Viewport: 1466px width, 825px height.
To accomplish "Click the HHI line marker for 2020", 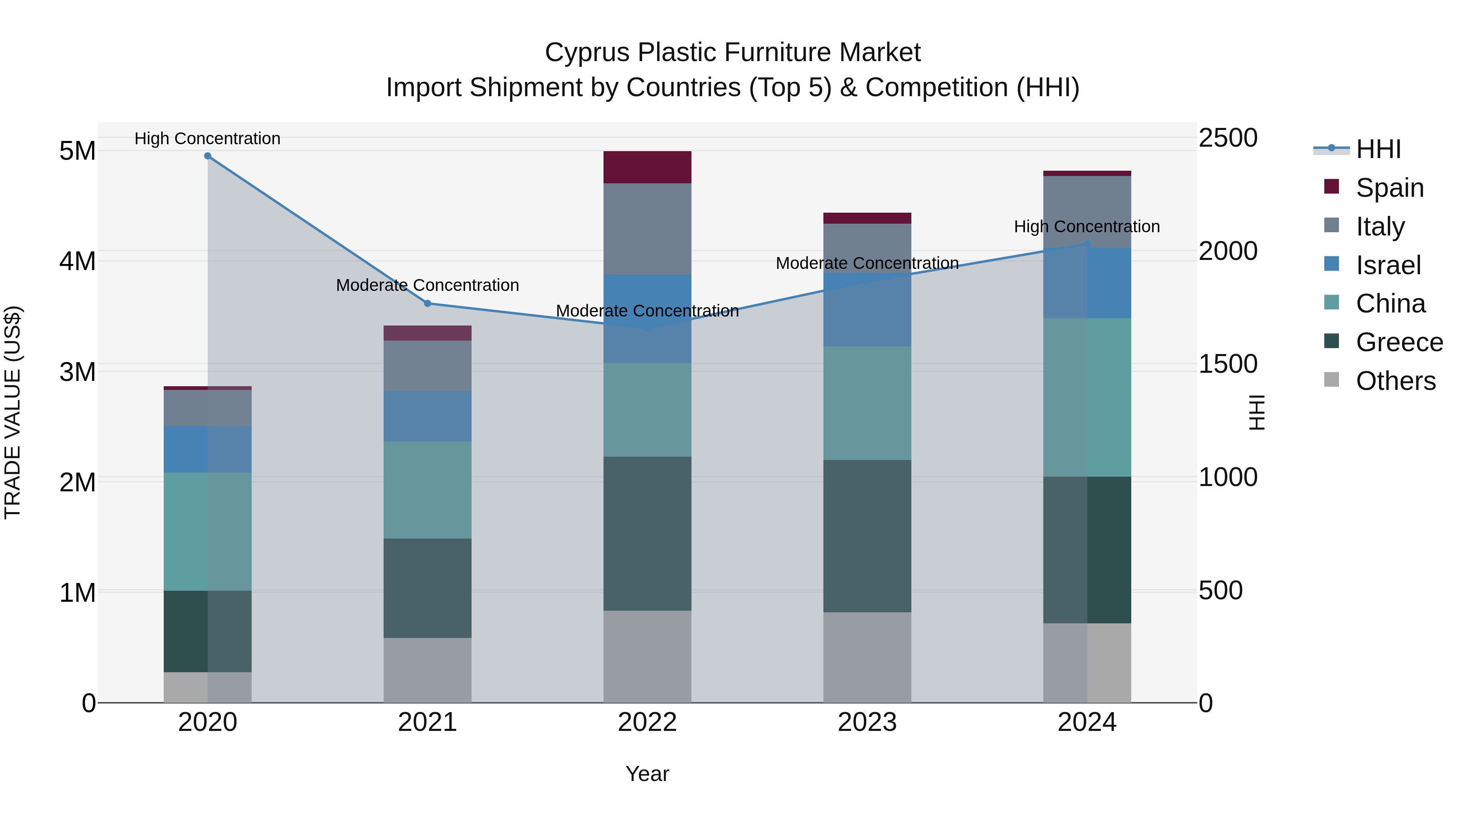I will (x=208, y=156).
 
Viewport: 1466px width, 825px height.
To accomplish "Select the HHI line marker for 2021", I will (x=428, y=304).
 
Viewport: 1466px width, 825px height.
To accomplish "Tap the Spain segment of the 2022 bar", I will (x=647, y=167).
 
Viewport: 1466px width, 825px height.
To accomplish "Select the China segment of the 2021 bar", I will (x=428, y=490).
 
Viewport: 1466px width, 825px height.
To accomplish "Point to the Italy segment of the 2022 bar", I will (x=647, y=229).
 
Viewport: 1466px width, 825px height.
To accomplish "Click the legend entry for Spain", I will (x=1389, y=188).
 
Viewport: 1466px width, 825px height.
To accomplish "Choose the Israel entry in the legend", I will (x=1388, y=265).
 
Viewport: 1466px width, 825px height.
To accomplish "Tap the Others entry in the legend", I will (x=1396, y=381).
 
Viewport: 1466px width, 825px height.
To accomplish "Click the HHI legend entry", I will (x=1378, y=149).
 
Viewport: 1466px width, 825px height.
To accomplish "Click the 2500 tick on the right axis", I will (x=1227, y=139).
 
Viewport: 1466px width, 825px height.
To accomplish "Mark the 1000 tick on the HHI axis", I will (x=1227, y=477).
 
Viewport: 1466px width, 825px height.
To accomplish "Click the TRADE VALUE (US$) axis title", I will (x=13, y=412).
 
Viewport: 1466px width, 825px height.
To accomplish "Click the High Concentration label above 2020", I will (x=208, y=139).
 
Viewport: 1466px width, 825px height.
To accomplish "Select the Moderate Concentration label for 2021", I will (x=428, y=285).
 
